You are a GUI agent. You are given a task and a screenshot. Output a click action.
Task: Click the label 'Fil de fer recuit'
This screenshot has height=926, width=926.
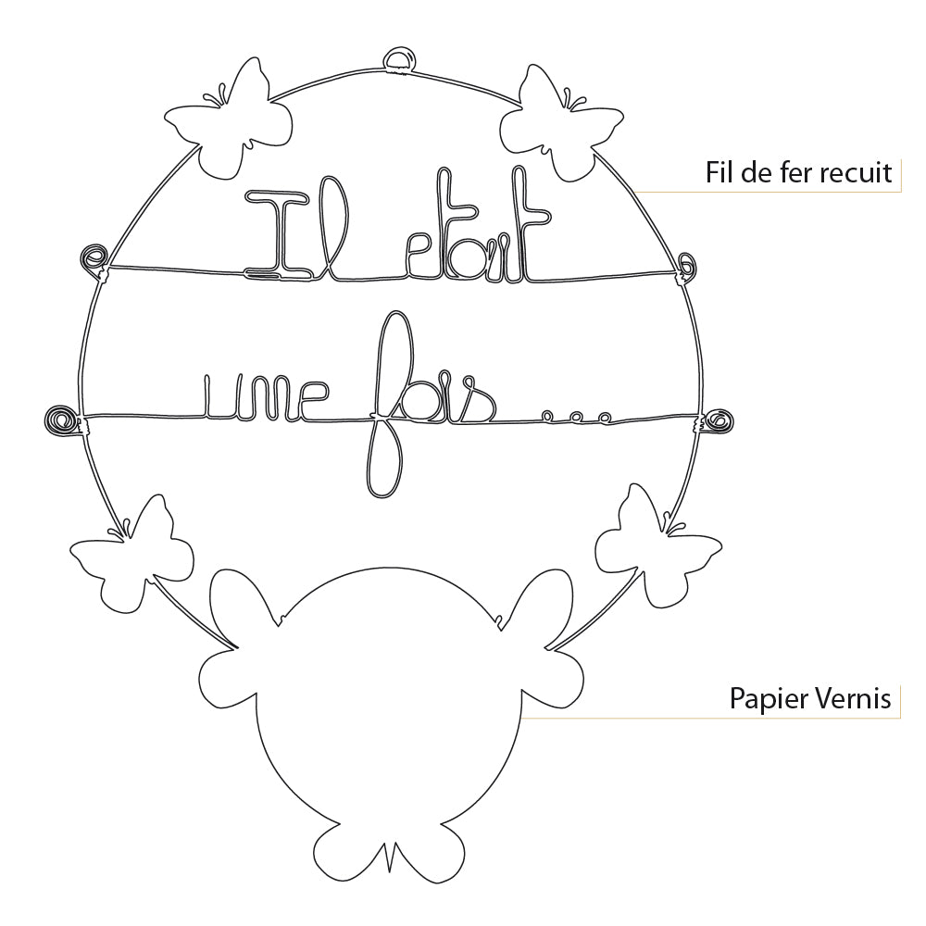click(x=798, y=172)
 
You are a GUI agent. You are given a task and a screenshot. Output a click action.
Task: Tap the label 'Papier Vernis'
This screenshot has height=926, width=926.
click(x=810, y=698)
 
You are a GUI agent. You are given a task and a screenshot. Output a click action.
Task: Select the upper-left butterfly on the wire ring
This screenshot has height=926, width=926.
click(x=227, y=120)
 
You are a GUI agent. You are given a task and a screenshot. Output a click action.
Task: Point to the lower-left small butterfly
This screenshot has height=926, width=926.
click(x=134, y=556)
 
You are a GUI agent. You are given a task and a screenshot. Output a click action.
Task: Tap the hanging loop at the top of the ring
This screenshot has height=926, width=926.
click(x=400, y=61)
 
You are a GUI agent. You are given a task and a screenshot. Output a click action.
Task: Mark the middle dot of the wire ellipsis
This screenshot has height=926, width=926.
click(x=577, y=419)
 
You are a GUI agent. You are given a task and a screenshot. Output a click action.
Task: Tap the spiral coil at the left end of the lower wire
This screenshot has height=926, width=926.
click(x=63, y=419)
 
